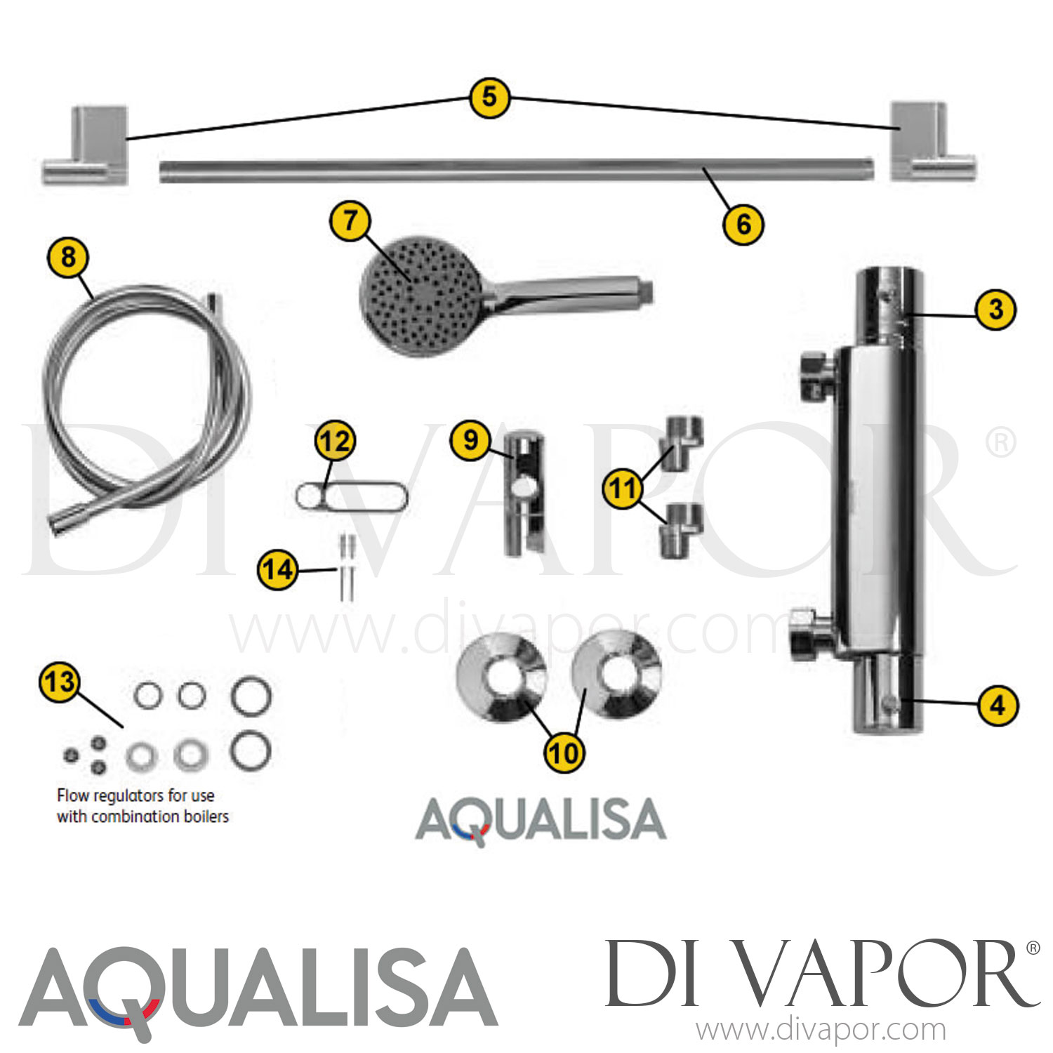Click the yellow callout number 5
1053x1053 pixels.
pos(489,98)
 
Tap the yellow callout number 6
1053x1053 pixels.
pos(743,225)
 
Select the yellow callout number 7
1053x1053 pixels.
pos(350,220)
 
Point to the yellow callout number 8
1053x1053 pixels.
pos(68,257)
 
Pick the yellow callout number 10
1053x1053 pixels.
pos(564,753)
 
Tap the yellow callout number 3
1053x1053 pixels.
pos(995,310)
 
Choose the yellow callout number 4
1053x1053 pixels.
pos(998,706)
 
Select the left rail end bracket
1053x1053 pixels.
pos(86,146)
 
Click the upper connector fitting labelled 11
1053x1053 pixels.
pos(682,443)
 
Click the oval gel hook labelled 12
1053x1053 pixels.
pos(351,497)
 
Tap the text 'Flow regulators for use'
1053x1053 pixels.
pos(135,795)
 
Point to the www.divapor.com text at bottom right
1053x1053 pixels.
pos(821,1031)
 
